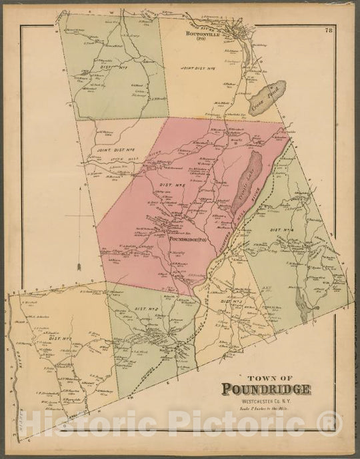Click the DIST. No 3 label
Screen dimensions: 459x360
click(229, 302)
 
